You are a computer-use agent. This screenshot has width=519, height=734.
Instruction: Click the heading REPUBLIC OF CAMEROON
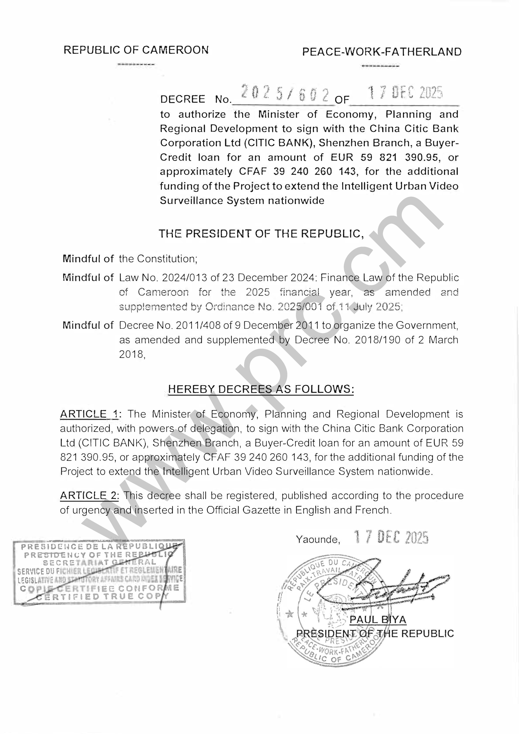[x=136, y=50]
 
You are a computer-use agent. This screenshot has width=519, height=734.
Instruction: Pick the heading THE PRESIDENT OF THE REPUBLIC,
[x=261, y=234]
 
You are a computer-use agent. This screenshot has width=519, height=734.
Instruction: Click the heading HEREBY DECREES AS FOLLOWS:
[x=261, y=389]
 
